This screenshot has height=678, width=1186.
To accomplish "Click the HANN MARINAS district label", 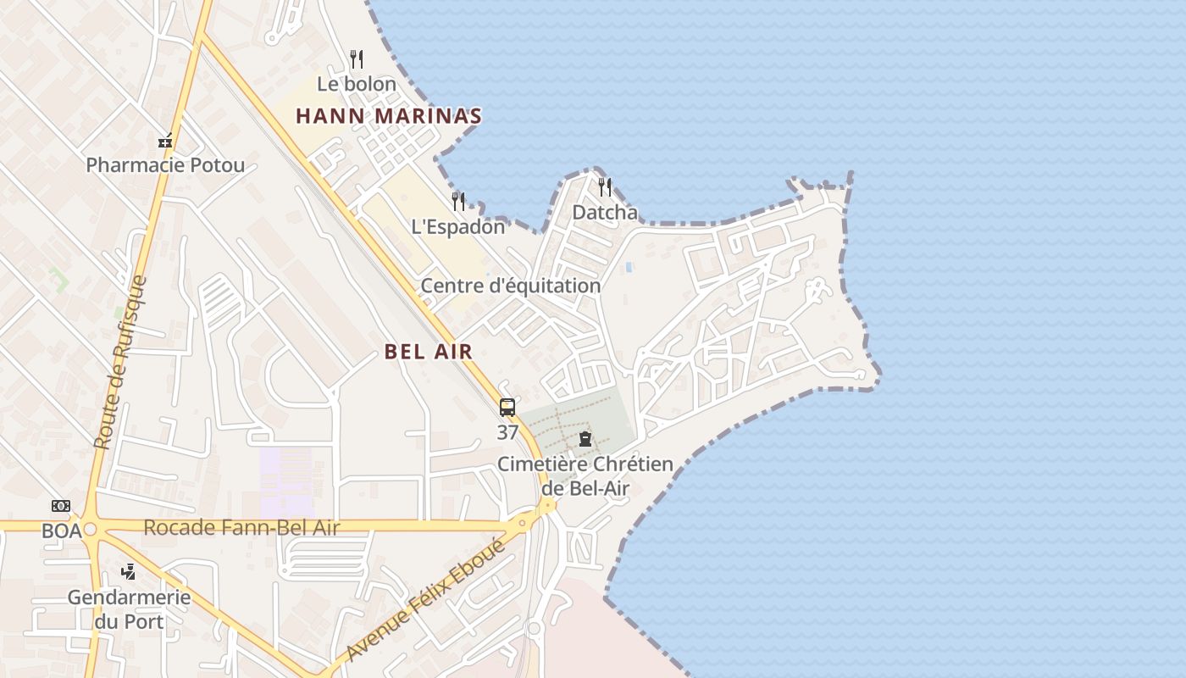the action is pos(389,116).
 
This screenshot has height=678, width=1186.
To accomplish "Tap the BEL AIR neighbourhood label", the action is pos(428,352).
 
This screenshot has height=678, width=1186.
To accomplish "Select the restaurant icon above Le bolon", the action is pos(357,59).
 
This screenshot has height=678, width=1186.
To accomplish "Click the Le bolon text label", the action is pos(357,84).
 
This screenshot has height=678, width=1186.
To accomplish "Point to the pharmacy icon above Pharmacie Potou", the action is pos(165,141).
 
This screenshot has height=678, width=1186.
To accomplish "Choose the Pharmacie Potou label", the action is pos(165,164).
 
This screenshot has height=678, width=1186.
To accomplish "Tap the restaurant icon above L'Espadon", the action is pos(458,202).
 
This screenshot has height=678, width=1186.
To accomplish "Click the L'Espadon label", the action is pos(458,226).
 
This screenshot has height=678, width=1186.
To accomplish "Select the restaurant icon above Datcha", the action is pos(605,187).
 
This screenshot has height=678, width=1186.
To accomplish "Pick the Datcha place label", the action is pos(605,212).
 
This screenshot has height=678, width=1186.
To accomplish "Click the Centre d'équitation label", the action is pos(511,286).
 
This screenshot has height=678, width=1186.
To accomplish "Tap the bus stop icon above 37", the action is pos(507,408).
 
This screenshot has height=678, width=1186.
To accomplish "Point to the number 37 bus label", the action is pos(507,432).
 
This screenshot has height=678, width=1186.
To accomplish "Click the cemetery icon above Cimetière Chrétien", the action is pos(585,439).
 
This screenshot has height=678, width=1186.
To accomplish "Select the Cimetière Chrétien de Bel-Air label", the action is pos(585,475).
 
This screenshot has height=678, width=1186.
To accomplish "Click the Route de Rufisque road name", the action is pos(121,363).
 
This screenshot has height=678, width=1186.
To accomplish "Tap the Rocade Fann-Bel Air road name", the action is pos(241,528).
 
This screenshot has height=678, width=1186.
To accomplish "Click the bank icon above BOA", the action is pos(61,506).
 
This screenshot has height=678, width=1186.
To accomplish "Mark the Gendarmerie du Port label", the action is pos(129,609).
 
